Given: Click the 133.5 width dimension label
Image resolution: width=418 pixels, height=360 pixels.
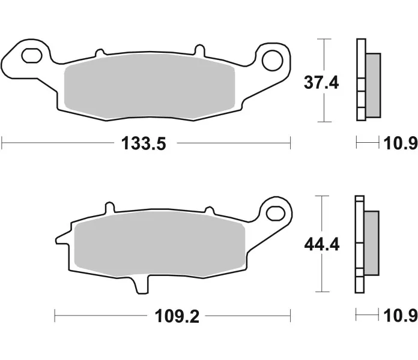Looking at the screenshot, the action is [x=144, y=143].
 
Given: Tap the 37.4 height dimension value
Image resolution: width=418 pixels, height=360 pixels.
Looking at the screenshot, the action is [x=321, y=83].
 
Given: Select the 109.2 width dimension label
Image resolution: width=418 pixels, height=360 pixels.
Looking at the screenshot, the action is [x=177, y=316].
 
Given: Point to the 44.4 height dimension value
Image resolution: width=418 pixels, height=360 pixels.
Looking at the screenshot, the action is [x=322, y=244].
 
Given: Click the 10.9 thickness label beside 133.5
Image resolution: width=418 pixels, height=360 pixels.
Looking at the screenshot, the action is [x=401, y=143].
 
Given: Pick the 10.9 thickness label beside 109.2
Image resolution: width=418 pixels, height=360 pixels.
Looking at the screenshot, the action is [x=401, y=316].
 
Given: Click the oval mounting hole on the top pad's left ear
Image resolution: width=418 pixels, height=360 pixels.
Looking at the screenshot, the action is [x=32, y=56].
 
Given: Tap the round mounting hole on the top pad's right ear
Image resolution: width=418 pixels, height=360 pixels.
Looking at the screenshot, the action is [x=272, y=61].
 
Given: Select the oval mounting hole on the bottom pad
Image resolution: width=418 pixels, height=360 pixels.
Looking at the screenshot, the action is [x=276, y=213].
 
